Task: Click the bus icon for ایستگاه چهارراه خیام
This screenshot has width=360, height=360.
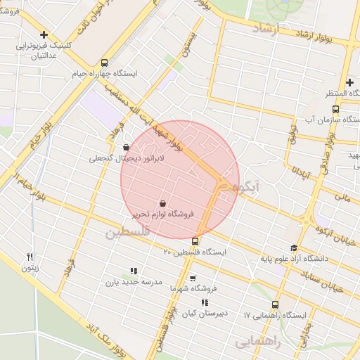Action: (x=105, y=62)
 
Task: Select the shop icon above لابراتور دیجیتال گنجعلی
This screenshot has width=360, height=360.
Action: (x=126, y=148)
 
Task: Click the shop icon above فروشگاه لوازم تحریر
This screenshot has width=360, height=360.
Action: (x=162, y=202)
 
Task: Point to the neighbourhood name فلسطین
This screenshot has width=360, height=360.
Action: (x=128, y=232)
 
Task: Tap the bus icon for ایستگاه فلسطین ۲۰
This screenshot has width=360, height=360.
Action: (x=195, y=241)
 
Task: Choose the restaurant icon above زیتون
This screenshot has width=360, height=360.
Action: (x=30, y=257)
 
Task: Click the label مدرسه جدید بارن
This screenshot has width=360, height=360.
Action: (x=134, y=282)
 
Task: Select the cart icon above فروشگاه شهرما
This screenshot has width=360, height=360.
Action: (x=193, y=278)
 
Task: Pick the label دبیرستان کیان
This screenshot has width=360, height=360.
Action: (x=205, y=314)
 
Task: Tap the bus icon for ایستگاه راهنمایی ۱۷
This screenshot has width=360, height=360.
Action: (x=274, y=304)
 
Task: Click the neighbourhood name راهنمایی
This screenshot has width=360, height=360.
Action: (x=257, y=342)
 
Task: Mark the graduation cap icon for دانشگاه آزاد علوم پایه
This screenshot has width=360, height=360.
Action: (x=293, y=247)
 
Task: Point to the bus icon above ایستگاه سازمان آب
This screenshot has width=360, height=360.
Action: (x=335, y=110)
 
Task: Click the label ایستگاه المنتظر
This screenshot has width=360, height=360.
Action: (x=327, y=94)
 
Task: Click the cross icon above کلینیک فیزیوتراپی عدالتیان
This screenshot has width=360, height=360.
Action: (x=44, y=34)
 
